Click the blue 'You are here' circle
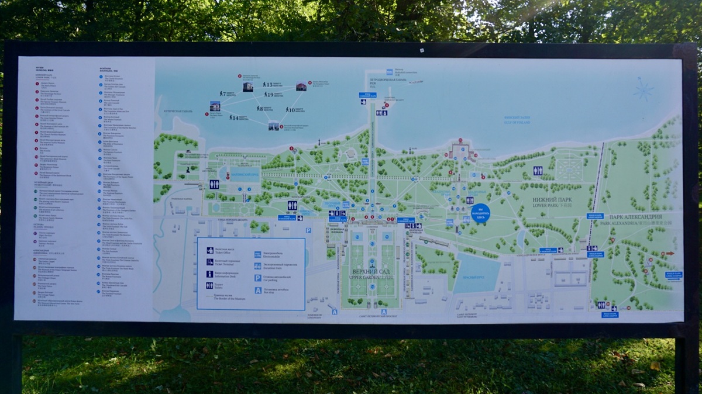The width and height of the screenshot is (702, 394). [480, 212]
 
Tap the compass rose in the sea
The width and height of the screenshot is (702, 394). [643, 90]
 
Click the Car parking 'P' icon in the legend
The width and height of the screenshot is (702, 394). [258, 278]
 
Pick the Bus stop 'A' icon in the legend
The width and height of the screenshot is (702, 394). [258, 290]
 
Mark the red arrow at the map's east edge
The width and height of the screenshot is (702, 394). [670, 253]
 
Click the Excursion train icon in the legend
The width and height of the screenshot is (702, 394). [258, 265]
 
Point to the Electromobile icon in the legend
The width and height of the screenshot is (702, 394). [258, 254]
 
